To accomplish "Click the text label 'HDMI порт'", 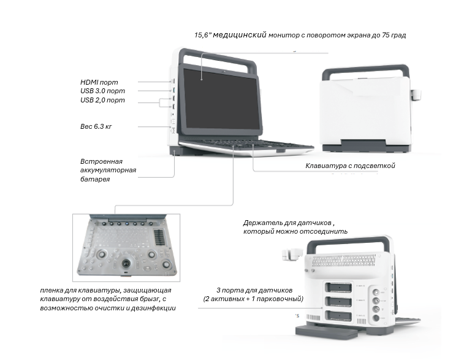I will tap(99, 82).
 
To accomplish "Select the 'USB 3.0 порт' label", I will tap(102, 91).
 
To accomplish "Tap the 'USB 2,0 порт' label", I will tap(102, 100).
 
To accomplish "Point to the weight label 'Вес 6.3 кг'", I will tap(96, 126).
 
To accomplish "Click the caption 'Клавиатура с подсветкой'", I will tap(350, 166).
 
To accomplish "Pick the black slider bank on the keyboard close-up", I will tap(160, 236).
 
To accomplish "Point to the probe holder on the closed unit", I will tap(416, 94).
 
